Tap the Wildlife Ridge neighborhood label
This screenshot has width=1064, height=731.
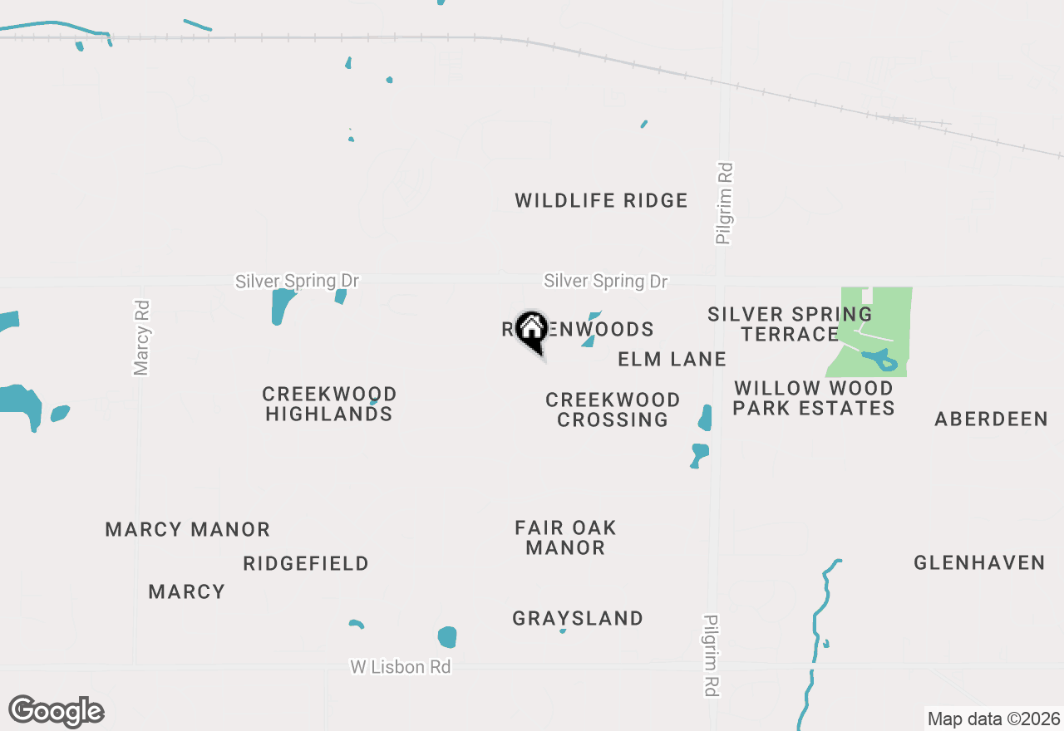601,200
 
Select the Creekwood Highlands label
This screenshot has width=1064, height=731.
329,404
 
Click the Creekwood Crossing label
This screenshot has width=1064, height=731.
613,410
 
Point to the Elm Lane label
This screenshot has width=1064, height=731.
672,359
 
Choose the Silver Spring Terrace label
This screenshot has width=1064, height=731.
790,324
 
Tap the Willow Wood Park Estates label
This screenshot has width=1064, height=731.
814,398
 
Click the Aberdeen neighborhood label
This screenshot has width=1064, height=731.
991,419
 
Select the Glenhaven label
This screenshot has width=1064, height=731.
979,563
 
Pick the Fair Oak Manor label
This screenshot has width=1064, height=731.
565,537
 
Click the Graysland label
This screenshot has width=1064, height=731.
578,618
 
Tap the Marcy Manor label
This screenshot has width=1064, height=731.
188,529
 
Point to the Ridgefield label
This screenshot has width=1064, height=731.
306,563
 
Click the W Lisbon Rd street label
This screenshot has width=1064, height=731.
401,667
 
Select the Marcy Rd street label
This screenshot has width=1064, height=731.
142,337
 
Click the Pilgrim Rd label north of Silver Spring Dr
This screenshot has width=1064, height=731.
725,204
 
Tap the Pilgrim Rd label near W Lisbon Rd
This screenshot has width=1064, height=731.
711,655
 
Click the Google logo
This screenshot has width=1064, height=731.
57,711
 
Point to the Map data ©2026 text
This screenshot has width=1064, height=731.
993,719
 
